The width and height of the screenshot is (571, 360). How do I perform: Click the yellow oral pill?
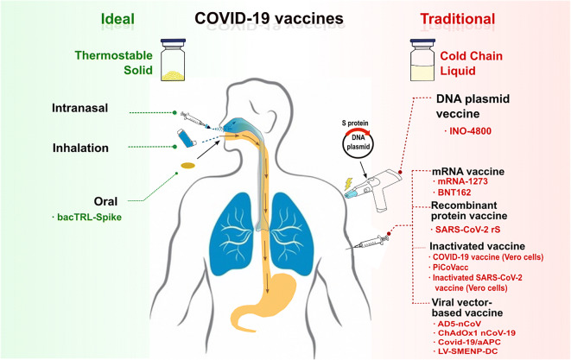pos(187,164)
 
